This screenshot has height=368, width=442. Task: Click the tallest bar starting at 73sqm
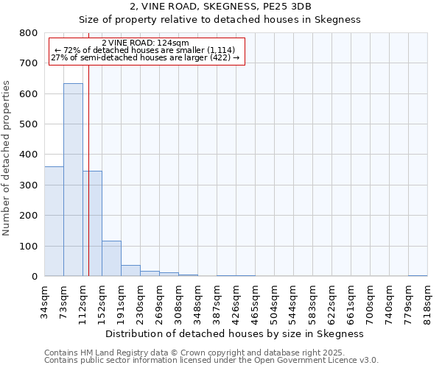pyautogui.click(x=73, y=180)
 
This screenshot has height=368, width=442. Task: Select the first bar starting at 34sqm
pyautogui.click(x=54, y=221)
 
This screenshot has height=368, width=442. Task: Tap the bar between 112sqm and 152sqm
pyautogui.click(x=92, y=224)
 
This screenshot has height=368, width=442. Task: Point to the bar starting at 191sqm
pyautogui.click(x=130, y=270)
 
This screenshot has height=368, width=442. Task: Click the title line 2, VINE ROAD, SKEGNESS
pyautogui.click(x=220, y=7)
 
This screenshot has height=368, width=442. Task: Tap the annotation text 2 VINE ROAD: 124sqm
pyautogui.click(x=145, y=43)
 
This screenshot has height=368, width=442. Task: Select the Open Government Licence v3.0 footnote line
pyautogui.click(x=211, y=361)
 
